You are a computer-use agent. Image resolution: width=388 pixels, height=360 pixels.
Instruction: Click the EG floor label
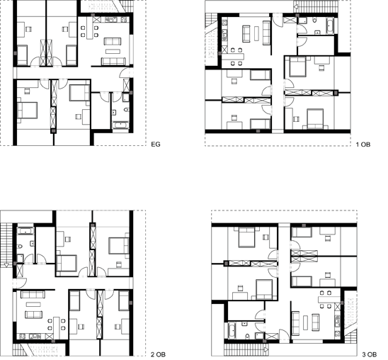tap(156, 144)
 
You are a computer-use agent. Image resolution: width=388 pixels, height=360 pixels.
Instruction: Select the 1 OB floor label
tap(363, 145)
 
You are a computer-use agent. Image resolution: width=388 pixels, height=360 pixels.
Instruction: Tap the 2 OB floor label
tap(158, 354)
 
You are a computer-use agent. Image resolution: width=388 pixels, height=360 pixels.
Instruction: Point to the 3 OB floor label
tap(370, 354)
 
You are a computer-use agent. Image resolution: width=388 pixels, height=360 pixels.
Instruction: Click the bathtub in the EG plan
tap(120, 125)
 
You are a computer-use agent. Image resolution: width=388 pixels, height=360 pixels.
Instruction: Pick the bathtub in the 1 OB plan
tap(330, 26)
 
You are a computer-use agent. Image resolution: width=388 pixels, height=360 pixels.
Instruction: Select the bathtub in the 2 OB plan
tap(25, 231)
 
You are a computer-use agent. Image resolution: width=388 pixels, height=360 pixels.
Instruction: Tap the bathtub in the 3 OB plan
tap(232, 330)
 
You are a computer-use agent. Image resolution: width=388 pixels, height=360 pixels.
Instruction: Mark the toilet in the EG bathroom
tap(127, 109)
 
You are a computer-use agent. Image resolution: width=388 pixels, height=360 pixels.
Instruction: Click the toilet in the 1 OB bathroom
tap(314, 21)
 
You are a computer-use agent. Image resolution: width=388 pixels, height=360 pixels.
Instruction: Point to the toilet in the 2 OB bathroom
tap(20, 247)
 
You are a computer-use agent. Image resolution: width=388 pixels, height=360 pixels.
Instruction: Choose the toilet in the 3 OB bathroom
tap(247, 336)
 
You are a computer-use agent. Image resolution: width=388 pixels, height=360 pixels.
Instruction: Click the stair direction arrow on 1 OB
tap(296, 7)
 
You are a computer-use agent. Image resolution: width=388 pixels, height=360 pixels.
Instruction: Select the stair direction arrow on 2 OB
tap(6, 265)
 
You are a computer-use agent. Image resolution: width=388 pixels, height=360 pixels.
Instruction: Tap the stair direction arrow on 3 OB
tap(266, 349)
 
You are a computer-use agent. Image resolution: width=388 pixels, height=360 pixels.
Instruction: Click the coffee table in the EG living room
tap(113, 51)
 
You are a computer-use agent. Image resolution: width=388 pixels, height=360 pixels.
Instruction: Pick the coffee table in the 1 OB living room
tap(256, 34)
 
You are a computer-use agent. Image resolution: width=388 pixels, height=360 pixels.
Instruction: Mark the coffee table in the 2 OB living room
tap(33, 304)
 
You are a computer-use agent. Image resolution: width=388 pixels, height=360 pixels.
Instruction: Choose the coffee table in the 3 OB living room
tap(305, 322)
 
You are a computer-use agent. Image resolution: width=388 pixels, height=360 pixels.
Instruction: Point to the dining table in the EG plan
tap(90, 28)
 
